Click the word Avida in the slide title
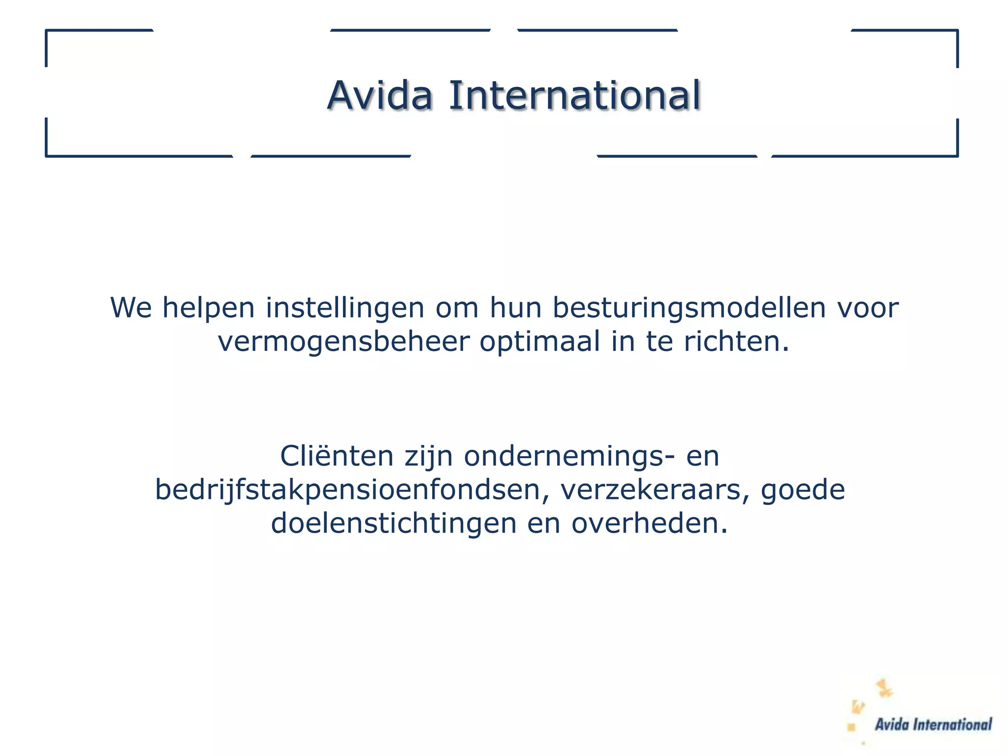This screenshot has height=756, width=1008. (x=380, y=95)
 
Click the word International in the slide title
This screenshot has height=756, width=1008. (x=574, y=95)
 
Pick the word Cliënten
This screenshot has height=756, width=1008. (x=337, y=456)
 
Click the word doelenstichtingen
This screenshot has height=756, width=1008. (x=394, y=523)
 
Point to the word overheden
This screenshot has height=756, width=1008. (x=649, y=523)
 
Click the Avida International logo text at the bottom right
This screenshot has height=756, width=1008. (x=933, y=724)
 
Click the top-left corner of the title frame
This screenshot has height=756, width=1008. (x=47, y=31)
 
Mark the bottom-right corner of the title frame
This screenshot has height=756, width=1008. (x=957, y=156)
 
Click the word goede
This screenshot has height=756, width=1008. (x=803, y=489)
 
